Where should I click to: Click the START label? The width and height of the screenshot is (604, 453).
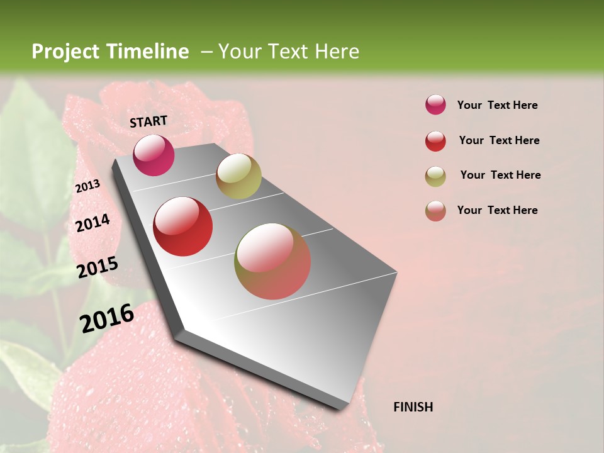(x=148, y=121)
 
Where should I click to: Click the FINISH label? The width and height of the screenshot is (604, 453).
(x=413, y=407)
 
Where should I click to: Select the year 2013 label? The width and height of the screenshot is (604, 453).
(x=87, y=186)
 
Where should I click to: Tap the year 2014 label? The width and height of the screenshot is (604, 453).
(x=92, y=223)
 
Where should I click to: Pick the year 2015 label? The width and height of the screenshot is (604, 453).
(x=98, y=267)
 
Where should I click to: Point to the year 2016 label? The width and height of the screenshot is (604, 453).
(x=107, y=318)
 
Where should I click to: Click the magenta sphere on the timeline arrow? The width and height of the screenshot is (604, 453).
(x=154, y=155)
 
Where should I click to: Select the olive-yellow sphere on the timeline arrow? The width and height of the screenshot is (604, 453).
(x=238, y=176)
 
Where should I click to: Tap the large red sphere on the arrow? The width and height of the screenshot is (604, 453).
(x=183, y=226)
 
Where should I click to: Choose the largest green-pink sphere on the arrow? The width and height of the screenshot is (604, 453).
(x=272, y=261)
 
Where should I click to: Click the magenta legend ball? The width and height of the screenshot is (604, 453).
(x=435, y=104)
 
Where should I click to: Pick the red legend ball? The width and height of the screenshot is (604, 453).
(x=435, y=141)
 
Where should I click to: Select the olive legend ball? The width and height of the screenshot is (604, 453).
(x=435, y=176)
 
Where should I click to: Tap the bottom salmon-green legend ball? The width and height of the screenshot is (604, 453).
(x=435, y=211)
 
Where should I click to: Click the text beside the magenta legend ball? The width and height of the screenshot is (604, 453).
(x=497, y=105)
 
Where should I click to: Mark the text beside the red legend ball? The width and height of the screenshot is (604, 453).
(x=499, y=140)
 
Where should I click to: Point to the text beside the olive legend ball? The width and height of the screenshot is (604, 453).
(x=500, y=175)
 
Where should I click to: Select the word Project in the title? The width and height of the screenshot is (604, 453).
(x=65, y=52)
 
